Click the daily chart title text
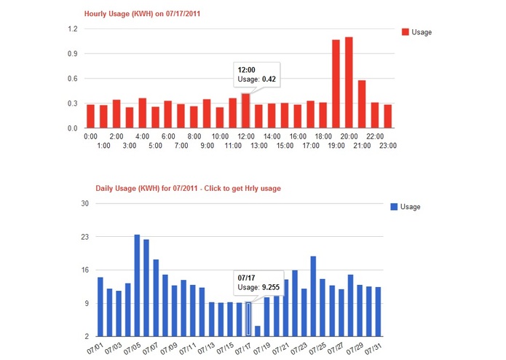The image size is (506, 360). pyautogui.click(x=188, y=188)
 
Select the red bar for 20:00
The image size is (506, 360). pyautogui.click(x=349, y=82)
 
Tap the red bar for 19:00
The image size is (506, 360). pyautogui.click(x=336, y=84)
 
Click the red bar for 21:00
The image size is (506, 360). pyautogui.click(x=362, y=104)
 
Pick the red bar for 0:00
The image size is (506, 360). pyautogui.click(x=91, y=117)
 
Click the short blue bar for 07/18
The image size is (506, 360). pyautogui.click(x=257, y=331)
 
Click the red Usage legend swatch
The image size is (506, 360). pyautogui.click(x=405, y=32)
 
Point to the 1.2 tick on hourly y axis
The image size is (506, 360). pyautogui.click(x=73, y=29)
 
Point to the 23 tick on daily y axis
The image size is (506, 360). pyautogui.click(x=84, y=237)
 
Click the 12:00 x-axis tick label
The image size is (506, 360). pyautogui.click(x=246, y=136)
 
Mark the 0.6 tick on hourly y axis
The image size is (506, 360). pyautogui.click(x=73, y=79)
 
